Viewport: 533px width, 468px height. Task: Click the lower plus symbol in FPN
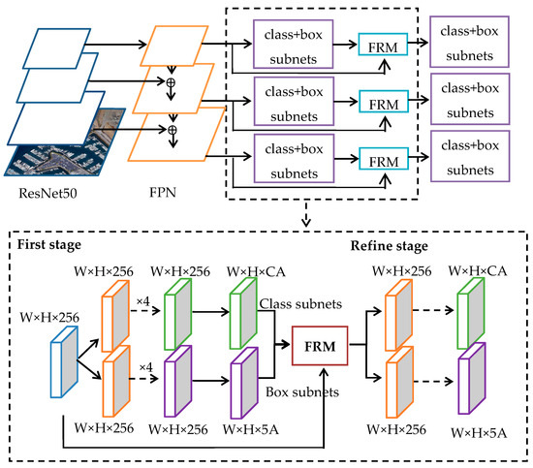[x=172, y=127]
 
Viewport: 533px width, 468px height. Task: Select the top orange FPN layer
[x=174, y=45]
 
